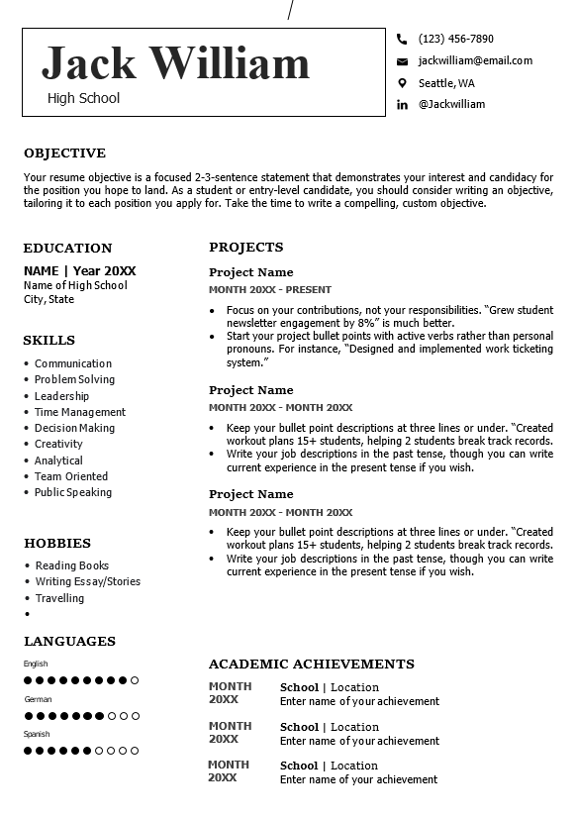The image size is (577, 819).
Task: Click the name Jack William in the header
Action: pyautogui.click(x=175, y=63)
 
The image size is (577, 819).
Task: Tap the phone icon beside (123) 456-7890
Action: pyautogui.click(x=402, y=40)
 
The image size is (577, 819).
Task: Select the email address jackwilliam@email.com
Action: pyautogui.click(x=475, y=60)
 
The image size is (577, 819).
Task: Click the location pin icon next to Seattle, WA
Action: pyautogui.click(x=402, y=83)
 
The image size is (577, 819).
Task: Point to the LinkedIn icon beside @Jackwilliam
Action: pyautogui.click(x=402, y=105)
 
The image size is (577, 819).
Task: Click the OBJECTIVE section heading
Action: pyautogui.click(x=64, y=154)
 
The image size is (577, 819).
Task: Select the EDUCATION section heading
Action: pyautogui.click(x=67, y=249)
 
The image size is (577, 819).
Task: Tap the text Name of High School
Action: pyautogui.click(x=75, y=285)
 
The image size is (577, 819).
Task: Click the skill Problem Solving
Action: pyautogui.click(x=74, y=379)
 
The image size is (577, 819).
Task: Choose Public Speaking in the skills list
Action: pyautogui.click(x=73, y=492)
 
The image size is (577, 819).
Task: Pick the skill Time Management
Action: pyautogui.click(x=80, y=412)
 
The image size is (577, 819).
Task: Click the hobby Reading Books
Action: pyautogui.click(x=72, y=565)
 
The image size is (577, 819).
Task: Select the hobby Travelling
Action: pyautogui.click(x=59, y=598)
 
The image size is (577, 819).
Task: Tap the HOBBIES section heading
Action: pyautogui.click(x=57, y=544)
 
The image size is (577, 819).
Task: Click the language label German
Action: pyautogui.click(x=38, y=699)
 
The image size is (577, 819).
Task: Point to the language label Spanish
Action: pyautogui.click(x=37, y=734)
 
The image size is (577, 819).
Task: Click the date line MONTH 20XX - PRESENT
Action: pyautogui.click(x=270, y=290)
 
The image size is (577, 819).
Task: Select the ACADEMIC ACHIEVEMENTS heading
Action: pyautogui.click(x=312, y=665)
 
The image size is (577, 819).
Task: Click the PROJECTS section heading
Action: pyautogui.click(x=246, y=248)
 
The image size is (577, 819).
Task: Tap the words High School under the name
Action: pyautogui.click(x=83, y=98)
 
